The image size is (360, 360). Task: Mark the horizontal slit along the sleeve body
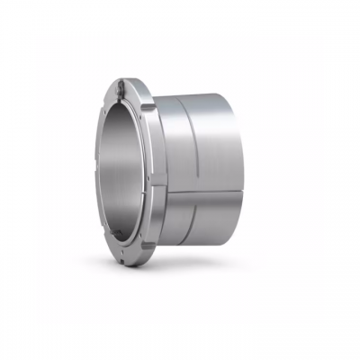[198, 190]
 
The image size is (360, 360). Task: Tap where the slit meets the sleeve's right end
[238, 190]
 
